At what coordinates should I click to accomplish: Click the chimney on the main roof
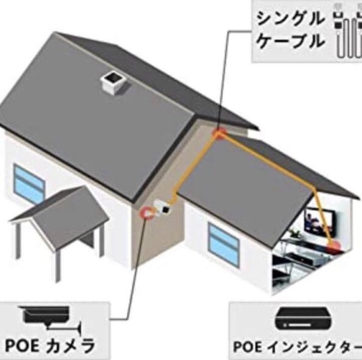(x=113, y=82)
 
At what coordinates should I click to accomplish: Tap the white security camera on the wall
(x=163, y=208)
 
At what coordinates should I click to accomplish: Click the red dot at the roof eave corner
(x=219, y=134)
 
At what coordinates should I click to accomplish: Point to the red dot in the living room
(x=334, y=246)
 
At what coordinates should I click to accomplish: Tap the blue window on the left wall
(x=29, y=184)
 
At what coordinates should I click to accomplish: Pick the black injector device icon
(x=304, y=319)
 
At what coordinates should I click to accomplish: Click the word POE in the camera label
(x=22, y=346)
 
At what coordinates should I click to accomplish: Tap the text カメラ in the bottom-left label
(x=69, y=346)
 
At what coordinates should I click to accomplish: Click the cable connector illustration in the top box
(x=347, y=32)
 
